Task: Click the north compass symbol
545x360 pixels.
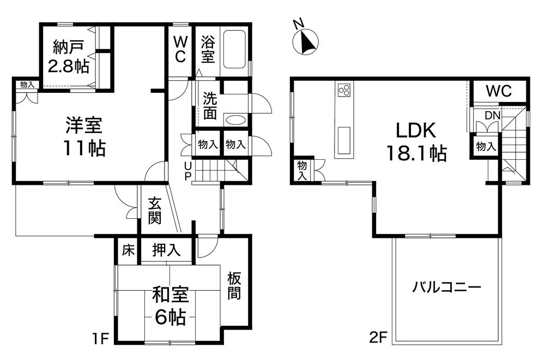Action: point(305,41)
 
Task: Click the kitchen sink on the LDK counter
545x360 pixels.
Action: point(344,140)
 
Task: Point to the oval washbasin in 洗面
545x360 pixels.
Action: point(235,121)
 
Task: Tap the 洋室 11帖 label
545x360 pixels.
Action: point(84,137)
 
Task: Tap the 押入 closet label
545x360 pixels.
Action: point(166,250)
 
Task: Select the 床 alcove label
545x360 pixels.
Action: point(128,250)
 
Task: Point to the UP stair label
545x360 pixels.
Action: point(187,171)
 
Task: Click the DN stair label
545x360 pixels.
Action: point(493,116)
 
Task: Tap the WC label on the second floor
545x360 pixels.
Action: point(499,91)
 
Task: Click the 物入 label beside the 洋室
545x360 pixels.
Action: point(27,85)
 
